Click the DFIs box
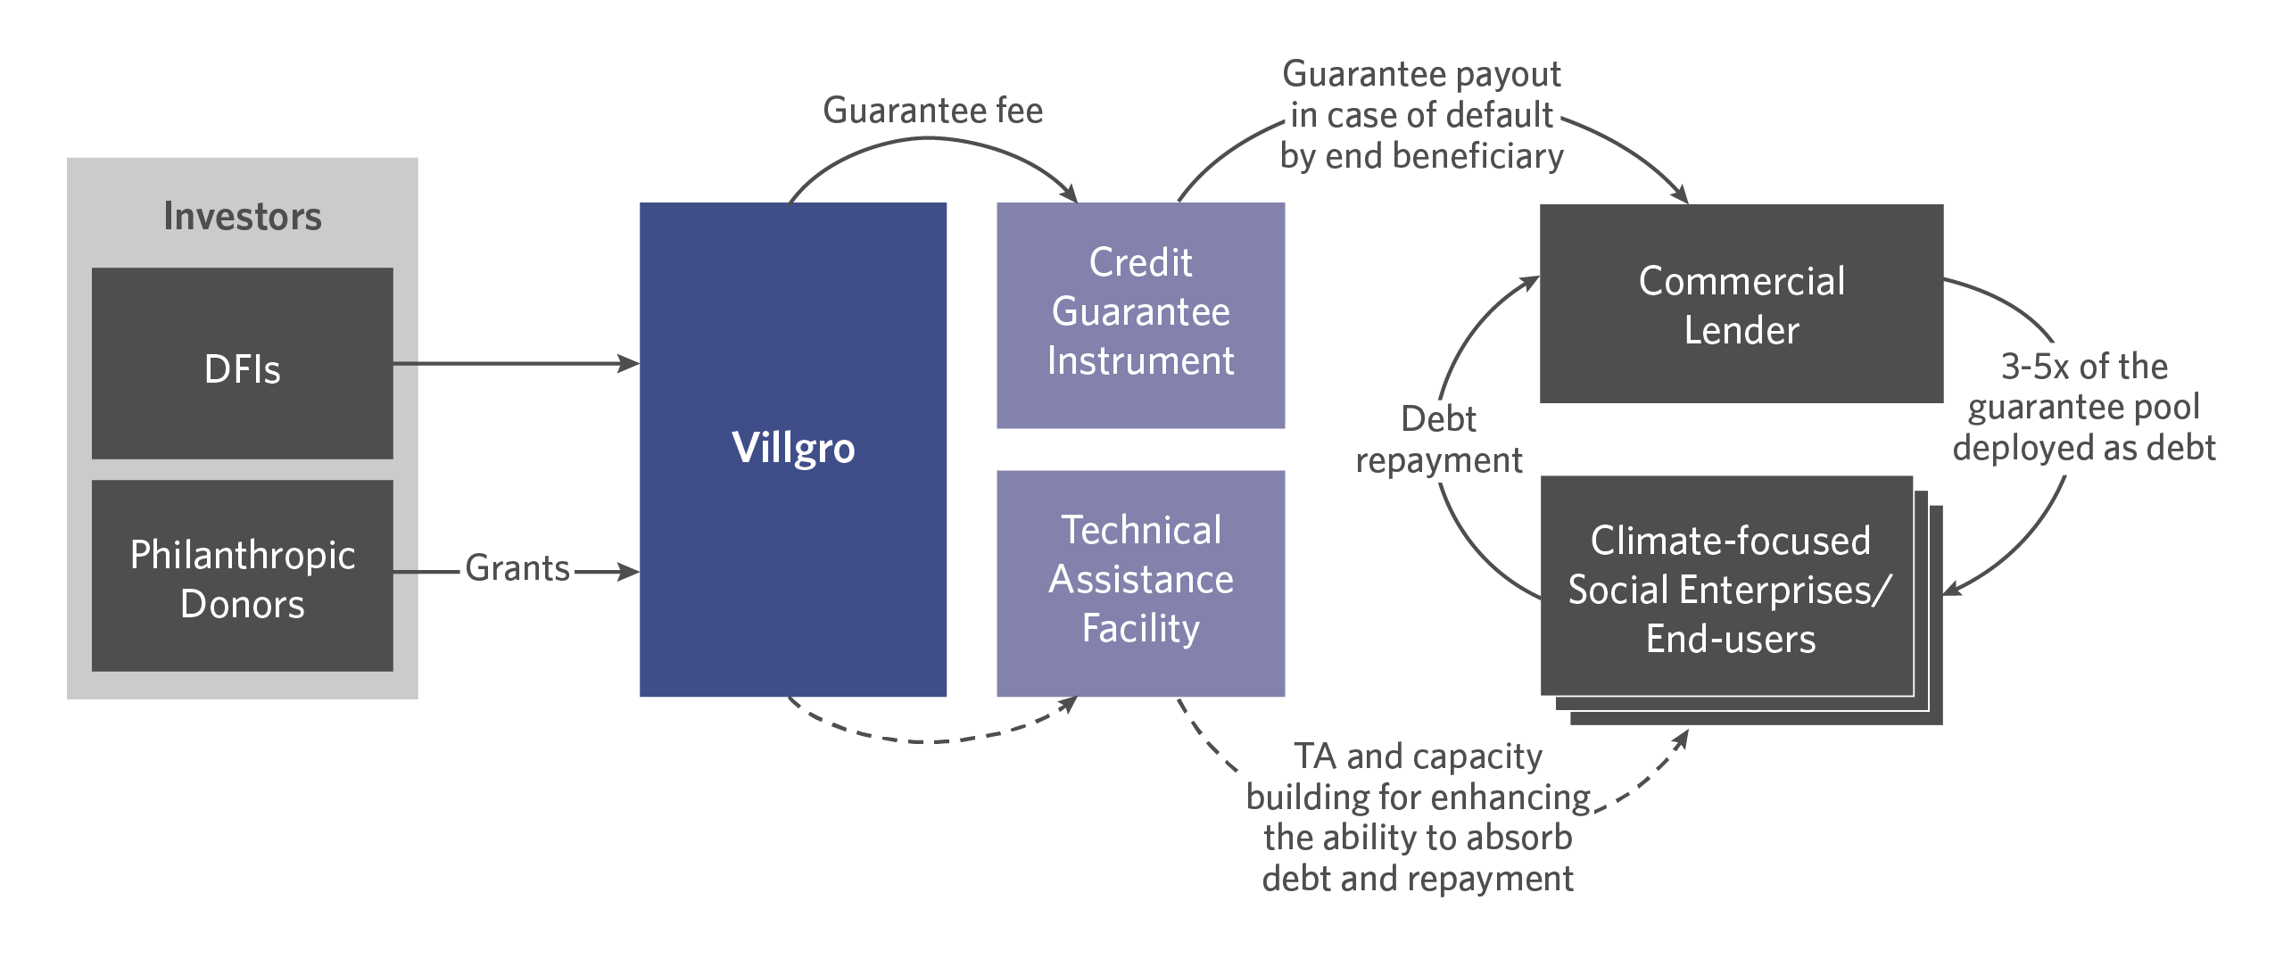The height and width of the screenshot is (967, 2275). [x=242, y=363]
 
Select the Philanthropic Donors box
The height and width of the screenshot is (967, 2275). [x=242, y=575]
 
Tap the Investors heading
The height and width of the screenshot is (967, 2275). [x=243, y=217]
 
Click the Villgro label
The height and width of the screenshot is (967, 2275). [x=793, y=448]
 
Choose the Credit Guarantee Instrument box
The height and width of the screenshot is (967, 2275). [x=1140, y=315]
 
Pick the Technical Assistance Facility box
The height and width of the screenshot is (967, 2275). [x=1140, y=583]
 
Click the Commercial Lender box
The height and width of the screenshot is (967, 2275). [x=1741, y=303]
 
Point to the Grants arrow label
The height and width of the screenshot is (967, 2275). [x=517, y=568]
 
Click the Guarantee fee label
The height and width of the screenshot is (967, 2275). [x=933, y=111]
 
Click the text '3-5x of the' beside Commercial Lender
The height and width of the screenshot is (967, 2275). [x=2084, y=367]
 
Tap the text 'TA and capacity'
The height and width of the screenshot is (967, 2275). [x=1418, y=756]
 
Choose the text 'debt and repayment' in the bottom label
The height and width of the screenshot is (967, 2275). [x=1418, y=879]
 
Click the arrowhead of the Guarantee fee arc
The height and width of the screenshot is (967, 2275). [x=1070, y=193]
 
